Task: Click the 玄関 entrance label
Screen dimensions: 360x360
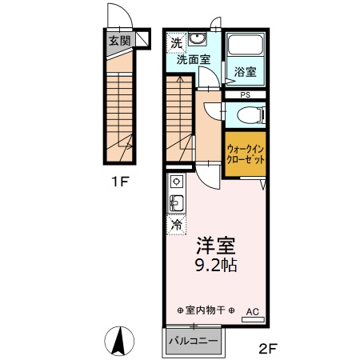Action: [120, 41]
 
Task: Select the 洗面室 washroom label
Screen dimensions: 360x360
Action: [193, 59]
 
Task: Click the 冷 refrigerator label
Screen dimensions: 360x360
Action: [177, 225]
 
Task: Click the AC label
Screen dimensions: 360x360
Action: [252, 312]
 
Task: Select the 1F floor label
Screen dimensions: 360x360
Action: [120, 181]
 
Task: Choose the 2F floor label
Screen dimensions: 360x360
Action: [267, 348]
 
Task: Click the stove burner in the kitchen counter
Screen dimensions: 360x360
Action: [176, 182]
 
